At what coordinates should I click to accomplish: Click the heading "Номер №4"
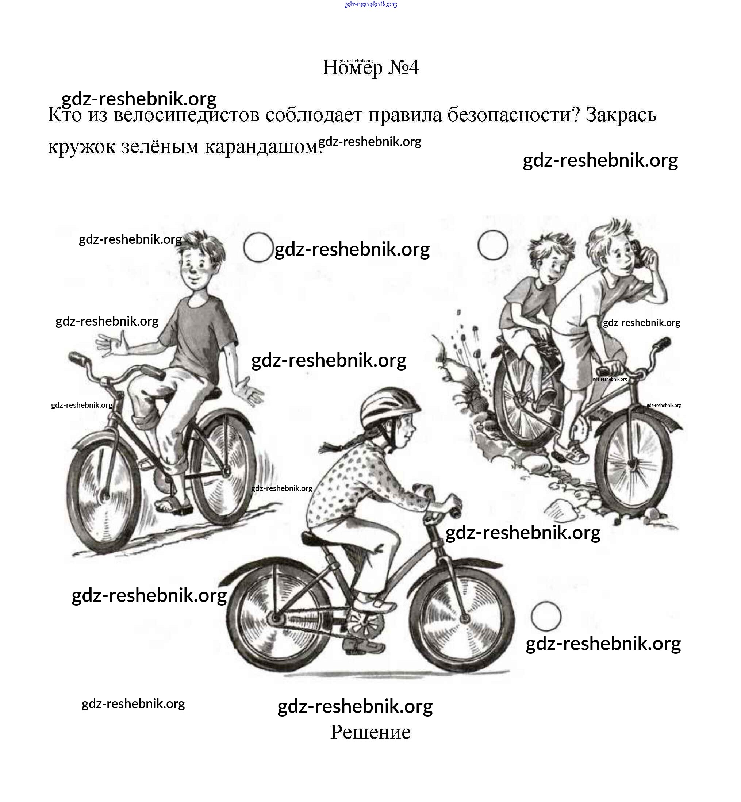[x=370, y=68]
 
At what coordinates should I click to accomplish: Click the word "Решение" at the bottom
[x=370, y=732]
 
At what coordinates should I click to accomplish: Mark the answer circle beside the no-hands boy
[x=258, y=247]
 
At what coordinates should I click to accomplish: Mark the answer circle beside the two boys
[x=493, y=245]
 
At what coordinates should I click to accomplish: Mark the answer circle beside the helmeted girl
[x=546, y=616]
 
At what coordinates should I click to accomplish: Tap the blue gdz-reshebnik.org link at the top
[x=370, y=4]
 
